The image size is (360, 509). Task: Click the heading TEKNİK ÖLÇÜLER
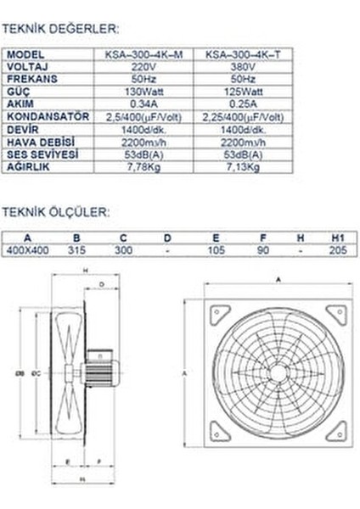pyautogui.click(x=55, y=210)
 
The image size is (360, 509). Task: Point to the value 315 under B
pyautogui.click(x=77, y=250)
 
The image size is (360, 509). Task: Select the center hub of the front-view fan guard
pyautogui.click(x=278, y=371)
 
